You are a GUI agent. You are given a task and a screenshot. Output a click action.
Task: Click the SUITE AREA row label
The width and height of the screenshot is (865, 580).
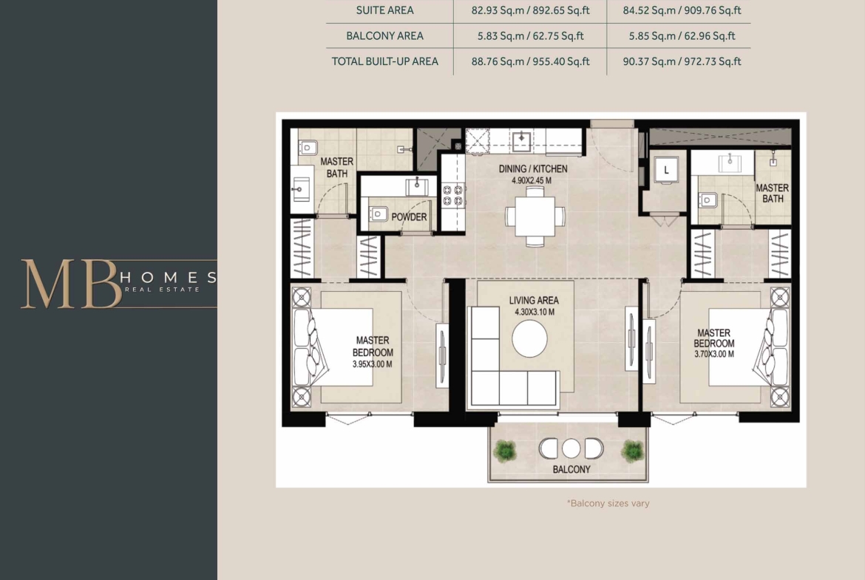[384, 10]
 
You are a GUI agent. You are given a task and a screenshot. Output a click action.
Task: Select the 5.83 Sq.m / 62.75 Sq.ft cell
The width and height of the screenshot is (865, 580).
[530, 36]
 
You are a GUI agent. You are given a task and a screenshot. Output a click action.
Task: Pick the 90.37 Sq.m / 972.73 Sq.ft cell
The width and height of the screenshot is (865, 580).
[682, 61]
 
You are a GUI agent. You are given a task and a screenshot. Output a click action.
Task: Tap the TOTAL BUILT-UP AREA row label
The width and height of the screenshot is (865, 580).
[384, 61]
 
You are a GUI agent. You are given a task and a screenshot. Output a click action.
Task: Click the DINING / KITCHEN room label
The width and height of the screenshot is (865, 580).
[533, 168]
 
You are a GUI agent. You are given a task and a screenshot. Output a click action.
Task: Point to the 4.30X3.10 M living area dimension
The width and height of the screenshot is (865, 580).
[535, 312]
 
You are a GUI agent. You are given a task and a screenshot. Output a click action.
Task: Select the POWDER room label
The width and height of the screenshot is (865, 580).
[409, 217]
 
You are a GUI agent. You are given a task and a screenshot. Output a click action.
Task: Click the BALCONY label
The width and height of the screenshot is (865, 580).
[571, 469]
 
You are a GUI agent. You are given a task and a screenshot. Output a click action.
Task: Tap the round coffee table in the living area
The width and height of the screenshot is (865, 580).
[529, 338]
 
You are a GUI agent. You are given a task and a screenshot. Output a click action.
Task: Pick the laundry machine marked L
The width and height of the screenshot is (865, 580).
[666, 170]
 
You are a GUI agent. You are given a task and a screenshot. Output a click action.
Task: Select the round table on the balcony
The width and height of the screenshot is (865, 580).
[571, 448]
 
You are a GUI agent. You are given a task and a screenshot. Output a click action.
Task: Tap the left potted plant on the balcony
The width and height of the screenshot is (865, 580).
[504, 451]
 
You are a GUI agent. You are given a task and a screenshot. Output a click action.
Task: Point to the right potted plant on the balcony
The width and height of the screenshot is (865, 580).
[632, 451]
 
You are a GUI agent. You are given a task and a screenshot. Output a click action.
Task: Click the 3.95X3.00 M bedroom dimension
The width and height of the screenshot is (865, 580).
[373, 364]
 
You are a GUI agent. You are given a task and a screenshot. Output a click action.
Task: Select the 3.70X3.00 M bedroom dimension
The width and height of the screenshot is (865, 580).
[714, 354]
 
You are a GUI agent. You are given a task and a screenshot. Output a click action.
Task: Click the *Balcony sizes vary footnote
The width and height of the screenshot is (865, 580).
[608, 503]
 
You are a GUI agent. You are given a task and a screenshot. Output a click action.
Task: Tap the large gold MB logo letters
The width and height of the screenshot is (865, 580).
[71, 284]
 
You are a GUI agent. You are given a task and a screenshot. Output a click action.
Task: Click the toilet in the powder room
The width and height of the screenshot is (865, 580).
[378, 214]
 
